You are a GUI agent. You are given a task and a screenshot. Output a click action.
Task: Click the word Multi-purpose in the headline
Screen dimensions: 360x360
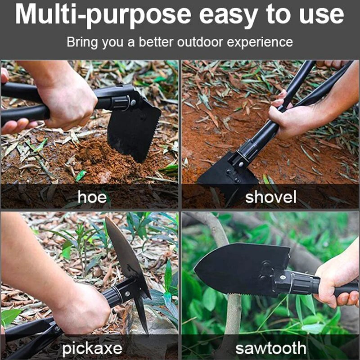pyautogui.click(x=103, y=15)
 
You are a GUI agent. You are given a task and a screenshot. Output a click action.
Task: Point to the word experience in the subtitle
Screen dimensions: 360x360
pyautogui.click(x=260, y=43)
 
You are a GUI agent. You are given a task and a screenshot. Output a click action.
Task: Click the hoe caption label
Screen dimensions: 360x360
pyautogui.click(x=92, y=197)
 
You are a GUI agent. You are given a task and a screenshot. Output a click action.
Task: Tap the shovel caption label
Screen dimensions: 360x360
pyautogui.click(x=271, y=197)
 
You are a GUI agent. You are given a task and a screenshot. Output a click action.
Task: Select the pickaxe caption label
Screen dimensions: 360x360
pyautogui.click(x=92, y=348)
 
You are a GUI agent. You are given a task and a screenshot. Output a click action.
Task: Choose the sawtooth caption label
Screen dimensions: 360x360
pyautogui.click(x=271, y=348)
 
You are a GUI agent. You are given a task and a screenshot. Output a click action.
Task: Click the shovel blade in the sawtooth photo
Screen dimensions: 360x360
pyautogui.click(x=241, y=269)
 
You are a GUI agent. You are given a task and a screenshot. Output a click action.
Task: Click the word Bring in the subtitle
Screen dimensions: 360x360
pyautogui.click(x=82, y=43)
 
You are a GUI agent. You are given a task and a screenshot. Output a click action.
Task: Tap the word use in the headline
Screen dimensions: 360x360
pyautogui.click(x=321, y=17)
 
